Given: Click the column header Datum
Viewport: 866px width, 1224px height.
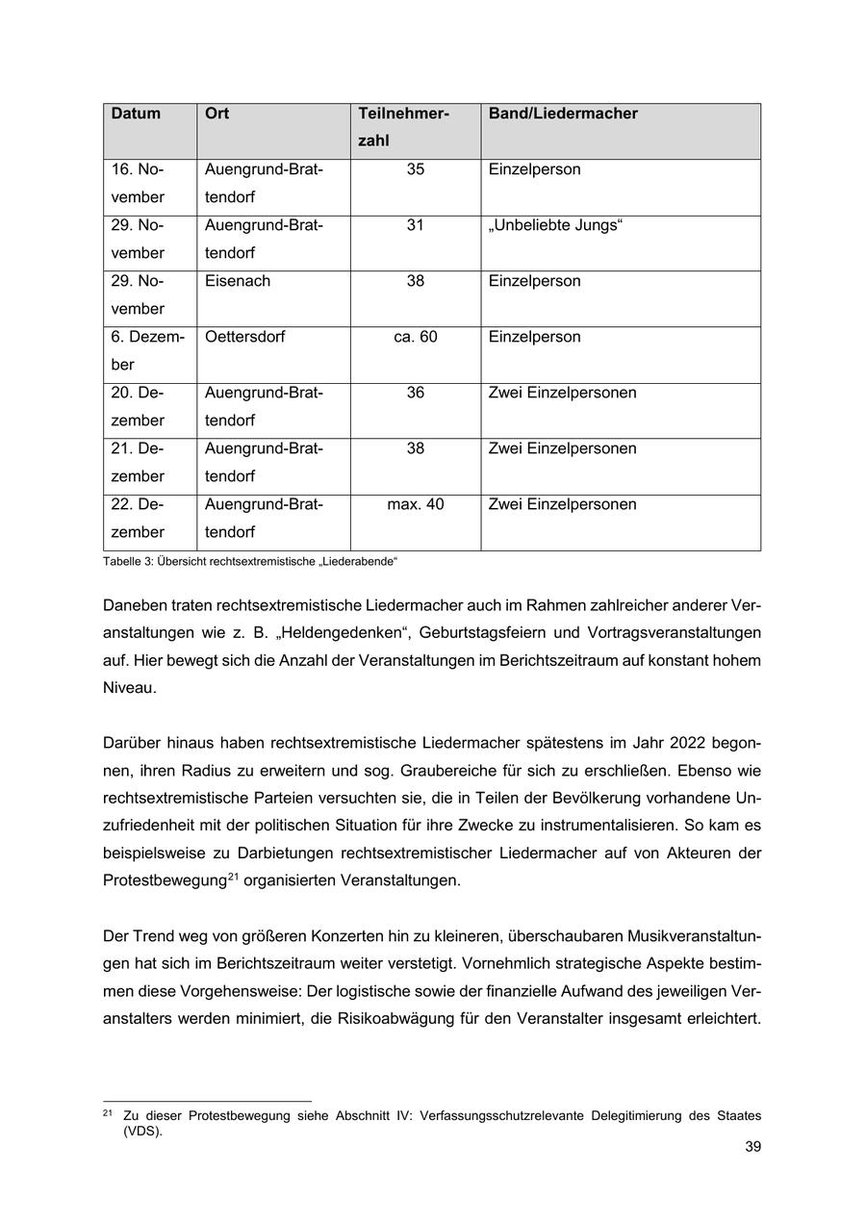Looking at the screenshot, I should [x=136, y=114].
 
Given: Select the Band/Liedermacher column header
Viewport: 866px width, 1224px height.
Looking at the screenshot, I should [x=563, y=114].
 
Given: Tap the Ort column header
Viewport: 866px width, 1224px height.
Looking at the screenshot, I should [x=216, y=114].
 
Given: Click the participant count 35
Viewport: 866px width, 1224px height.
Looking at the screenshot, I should [x=416, y=169].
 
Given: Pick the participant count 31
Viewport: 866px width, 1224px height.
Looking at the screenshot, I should [x=416, y=225].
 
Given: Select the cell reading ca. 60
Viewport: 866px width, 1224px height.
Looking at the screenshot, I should [x=416, y=337].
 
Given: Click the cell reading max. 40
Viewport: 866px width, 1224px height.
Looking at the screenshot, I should [x=416, y=504].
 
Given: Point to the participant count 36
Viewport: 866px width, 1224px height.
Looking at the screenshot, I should [x=416, y=393].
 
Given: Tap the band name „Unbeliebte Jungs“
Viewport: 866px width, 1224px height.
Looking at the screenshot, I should [x=556, y=225].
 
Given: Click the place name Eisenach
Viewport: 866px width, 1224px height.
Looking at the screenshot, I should [x=238, y=281].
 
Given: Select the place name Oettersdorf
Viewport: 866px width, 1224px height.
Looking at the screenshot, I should [x=245, y=337].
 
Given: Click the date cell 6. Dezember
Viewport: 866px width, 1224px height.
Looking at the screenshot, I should [x=147, y=350].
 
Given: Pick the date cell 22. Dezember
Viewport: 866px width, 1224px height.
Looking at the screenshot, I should [x=138, y=518].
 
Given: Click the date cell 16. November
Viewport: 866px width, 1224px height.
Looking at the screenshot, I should [x=138, y=183].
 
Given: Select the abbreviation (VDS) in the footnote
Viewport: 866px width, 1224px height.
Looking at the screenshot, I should [x=142, y=1131].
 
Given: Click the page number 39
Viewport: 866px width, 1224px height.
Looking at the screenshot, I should [x=752, y=1147].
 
